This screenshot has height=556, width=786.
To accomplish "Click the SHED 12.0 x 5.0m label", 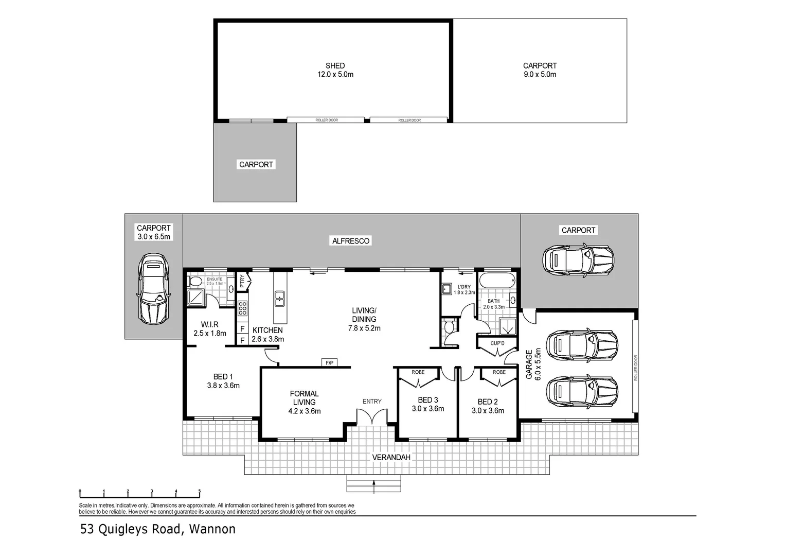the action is pyautogui.click(x=335, y=70).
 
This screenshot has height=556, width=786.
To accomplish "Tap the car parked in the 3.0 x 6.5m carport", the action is pyautogui.click(x=153, y=289).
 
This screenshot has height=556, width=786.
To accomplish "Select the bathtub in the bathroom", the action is pyautogui.click(x=497, y=281).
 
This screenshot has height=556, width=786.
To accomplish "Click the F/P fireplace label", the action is pyautogui.click(x=329, y=363).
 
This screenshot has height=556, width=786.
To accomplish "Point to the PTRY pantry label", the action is pyautogui.click(x=242, y=281).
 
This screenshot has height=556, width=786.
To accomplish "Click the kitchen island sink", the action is pyautogui.click(x=279, y=299).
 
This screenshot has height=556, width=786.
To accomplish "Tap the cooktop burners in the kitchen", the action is pyautogui.click(x=242, y=308).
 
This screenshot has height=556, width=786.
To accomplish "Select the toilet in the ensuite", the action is pyautogui.click(x=195, y=281).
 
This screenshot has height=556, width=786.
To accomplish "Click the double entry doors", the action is pyautogui.click(x=372, y=418).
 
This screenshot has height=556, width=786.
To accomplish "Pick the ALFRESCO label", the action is pyautogui.click(x=350, y=241).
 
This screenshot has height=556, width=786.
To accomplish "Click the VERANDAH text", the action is pyautogui.click(x=391, y=457).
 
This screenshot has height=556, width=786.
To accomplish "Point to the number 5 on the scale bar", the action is pyautogui.click(x=199, y=491).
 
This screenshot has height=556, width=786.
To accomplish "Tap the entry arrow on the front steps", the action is pyautogui.click(x=373, y=487).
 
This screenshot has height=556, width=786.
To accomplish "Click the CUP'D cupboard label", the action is pyautogui.click(x=497, y=343).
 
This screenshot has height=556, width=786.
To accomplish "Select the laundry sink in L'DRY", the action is pyautogui.click(x=446, y=289).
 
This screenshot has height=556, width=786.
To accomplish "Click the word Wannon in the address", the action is pyautogui.click(x=212, y=529).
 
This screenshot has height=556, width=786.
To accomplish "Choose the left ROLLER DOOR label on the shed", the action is pyautogui.click(x=326, y=120).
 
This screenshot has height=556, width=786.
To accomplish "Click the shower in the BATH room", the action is pyautogui.click(x=507, y=327).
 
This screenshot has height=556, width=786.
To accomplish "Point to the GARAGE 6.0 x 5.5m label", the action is pyautogui.click(x=533, y=364).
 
